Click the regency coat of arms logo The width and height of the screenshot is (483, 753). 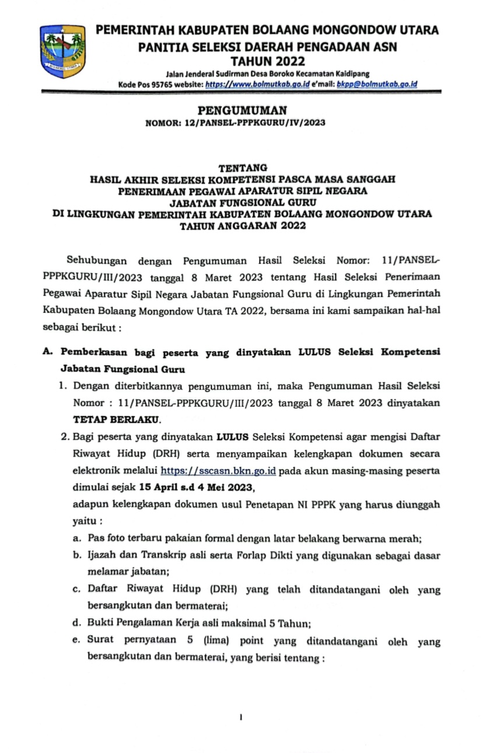tap(62, 53)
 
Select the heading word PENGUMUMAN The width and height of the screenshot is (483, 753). tap(242, 110)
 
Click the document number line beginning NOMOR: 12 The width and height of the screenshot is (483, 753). tap(242, 123)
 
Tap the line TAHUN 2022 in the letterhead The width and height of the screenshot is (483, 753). tap(268, 60)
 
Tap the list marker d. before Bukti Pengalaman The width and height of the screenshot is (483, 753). tap(76, 624)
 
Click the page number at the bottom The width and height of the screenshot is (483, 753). tap(241, 716)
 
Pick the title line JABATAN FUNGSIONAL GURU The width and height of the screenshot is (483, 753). tap(242, 202)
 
